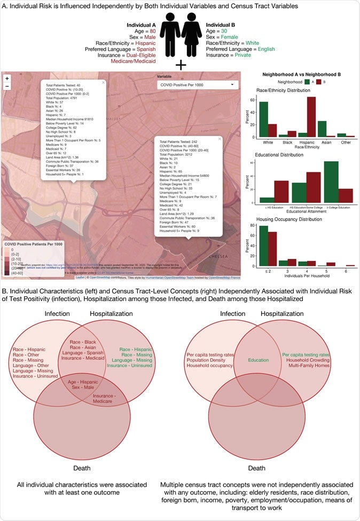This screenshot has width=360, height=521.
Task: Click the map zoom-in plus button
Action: (x=7, y=78)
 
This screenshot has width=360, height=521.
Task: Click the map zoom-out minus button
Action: (x=7, y=86)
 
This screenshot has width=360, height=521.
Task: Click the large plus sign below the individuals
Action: (x=181, y=65)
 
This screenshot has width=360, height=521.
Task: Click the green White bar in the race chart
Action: (x=264, y=120)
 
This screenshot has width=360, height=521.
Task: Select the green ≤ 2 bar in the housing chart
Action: (x=264, y=246)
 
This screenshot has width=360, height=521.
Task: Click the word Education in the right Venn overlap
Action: (x=259, y=360)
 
